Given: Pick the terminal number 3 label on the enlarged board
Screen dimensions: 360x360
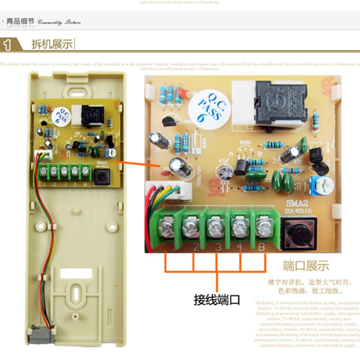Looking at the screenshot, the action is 218,247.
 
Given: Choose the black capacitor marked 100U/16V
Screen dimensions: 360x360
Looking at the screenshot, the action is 184,167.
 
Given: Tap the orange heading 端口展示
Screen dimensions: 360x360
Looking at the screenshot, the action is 306,265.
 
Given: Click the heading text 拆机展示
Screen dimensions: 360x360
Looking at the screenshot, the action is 51,45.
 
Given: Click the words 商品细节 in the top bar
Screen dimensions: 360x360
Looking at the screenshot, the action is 20,21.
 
